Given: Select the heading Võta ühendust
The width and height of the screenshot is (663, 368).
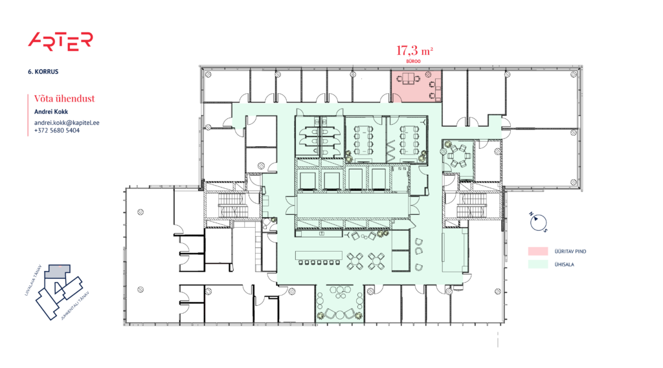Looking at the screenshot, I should click(65, 98).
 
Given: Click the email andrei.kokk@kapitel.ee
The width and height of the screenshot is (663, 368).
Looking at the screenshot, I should click(67, 122).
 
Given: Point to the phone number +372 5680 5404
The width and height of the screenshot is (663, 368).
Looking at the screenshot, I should click(57, 131).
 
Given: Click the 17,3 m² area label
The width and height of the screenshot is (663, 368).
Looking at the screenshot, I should click(414, 49).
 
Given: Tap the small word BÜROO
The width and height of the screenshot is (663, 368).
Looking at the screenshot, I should click(414, 60).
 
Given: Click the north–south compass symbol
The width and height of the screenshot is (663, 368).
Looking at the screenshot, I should click(537, 222).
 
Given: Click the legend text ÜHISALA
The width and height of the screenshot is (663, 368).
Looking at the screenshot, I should click(563, 264).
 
